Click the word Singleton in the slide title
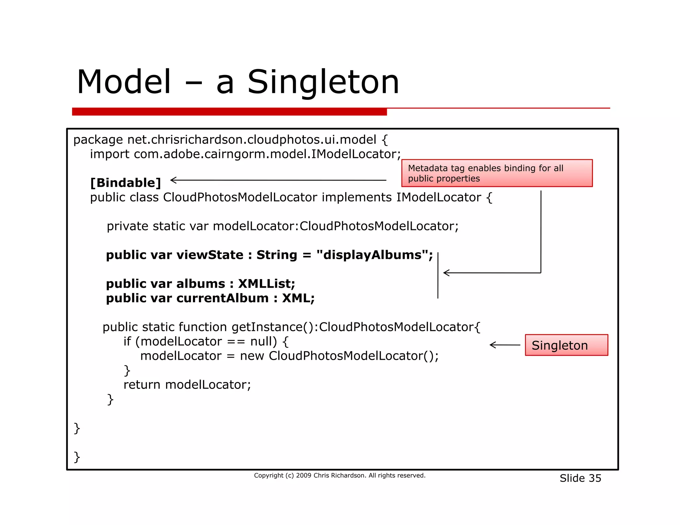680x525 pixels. [x=323, y=82]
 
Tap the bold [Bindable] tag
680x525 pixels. [x=126, y=183]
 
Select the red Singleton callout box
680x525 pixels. [x=566, y=345]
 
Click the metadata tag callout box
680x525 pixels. [x=497, y=173]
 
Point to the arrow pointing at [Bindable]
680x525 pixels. [x=278, y=180]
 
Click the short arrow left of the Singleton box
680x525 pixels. [x=505, y=345]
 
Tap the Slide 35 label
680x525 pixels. [x=580, y=478]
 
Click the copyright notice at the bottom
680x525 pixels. [x=339, y=476]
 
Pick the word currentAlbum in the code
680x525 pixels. [x=222, y=298]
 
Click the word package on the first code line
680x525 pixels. [x=98, y=140]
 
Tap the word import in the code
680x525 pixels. [x=110, y=154]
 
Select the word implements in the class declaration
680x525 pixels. [x=357, y=197]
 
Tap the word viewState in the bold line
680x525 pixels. [x=210, y=255]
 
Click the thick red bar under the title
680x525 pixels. [x=229, y=112]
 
